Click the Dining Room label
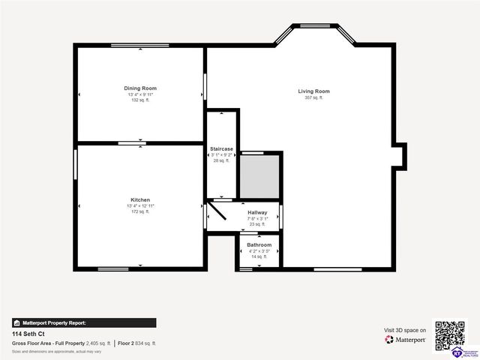pos(140,88)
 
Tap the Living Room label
pos(313,91)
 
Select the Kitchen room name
pos(140,200)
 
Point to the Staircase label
pos(221,149)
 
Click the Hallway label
pos(258,212)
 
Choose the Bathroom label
pos(259,245)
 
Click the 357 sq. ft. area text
pos(313,98)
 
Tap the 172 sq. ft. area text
pos(140,211)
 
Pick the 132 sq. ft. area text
pos(140,100)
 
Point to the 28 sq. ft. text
pos(221,160)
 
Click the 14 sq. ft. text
pos(259,256)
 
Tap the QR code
pos(450,335)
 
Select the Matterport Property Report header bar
pos(84,322)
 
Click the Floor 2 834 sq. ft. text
pos(136,343)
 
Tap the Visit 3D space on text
pos(405,330)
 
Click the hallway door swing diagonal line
pos(217,214)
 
